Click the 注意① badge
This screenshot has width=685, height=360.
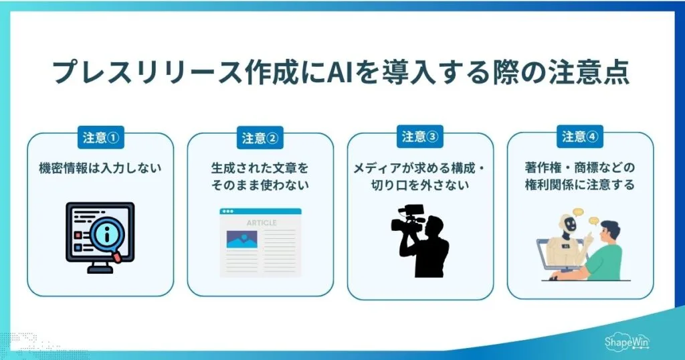100,137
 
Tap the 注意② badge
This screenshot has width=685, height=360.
260,138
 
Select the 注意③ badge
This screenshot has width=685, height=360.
419,137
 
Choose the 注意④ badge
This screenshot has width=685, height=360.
579,137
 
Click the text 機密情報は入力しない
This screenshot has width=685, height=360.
100,168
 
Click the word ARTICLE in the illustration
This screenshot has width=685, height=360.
260,222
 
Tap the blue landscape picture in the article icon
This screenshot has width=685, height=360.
242,239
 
